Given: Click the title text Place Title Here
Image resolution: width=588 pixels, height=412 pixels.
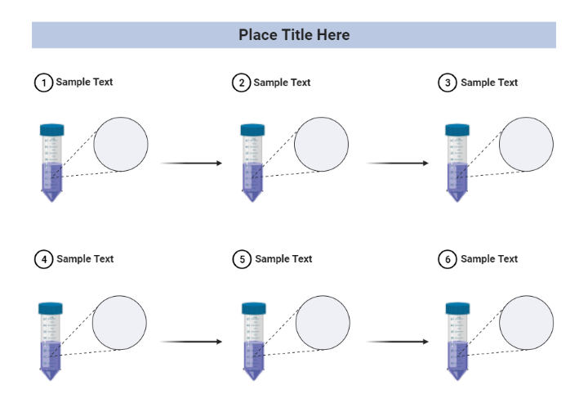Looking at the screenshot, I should click(x=294, y=35).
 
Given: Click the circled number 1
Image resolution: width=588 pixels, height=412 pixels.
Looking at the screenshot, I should click(x=43, y=83).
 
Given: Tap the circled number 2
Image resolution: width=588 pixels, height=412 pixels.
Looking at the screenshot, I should click(x=241, y=83).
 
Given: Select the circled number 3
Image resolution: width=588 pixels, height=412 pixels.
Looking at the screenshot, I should click(x=448, y=83).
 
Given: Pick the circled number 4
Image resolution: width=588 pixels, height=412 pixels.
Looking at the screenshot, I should click(x=43, y=259).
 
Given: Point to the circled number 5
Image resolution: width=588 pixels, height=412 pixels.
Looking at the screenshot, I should click(x=241, y=259).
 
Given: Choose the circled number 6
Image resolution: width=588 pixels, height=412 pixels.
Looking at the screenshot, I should click(x=448, y=259).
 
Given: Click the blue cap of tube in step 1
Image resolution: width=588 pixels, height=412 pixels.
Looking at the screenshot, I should click(x=51, y=129).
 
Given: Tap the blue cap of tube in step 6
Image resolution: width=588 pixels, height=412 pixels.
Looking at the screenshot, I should click(x=457, y=307).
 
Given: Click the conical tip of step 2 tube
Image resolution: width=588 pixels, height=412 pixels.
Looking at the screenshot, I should click(x=252, y=195).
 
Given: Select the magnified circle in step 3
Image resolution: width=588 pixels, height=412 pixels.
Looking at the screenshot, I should click(x=526, y=145).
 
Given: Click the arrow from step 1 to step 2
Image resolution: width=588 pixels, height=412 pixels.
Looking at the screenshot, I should click(x=191, y=163).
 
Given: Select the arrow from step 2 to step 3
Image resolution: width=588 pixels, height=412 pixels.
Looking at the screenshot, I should click(x=398, y=163).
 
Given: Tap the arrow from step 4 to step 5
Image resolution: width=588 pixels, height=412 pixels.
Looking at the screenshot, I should click(x=191, y=341).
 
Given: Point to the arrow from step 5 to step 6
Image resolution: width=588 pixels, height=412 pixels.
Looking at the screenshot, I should click(x=398, y=341).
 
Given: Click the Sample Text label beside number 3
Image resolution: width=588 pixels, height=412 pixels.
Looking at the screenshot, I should click(x=489, y=83).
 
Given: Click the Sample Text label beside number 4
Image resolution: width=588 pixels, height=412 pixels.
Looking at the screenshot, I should click(x=85, y=259).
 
